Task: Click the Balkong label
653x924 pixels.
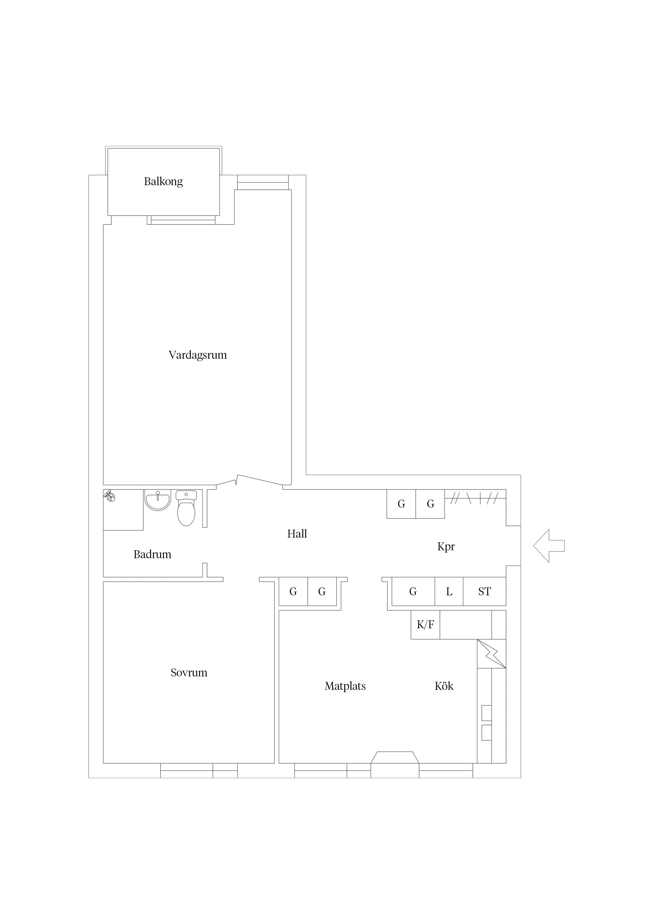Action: coord(163,181)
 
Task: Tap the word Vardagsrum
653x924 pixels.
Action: coord(197,355)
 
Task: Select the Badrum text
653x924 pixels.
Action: coord(152,554)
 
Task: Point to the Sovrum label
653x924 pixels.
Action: coord(189,672)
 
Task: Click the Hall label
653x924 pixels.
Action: coord(297,534)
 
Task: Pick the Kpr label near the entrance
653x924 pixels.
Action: coord(446,547)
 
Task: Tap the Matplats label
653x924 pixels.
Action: coord(345,686)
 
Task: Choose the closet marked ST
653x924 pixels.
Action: coord(484,592)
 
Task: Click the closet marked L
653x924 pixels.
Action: coord(449,592)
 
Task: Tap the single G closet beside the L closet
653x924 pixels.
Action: coord(413,592)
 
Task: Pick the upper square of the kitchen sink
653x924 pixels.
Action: coord(486,713)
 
